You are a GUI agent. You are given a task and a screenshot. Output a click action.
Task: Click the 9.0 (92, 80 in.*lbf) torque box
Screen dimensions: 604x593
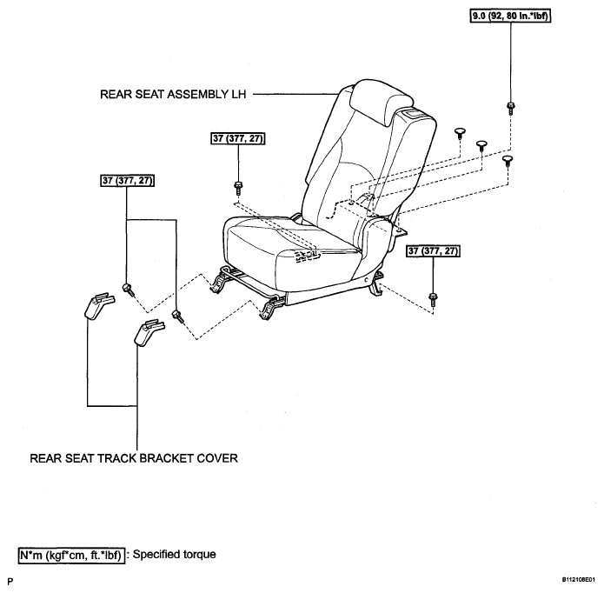pyautogui.click(x=510, y=17)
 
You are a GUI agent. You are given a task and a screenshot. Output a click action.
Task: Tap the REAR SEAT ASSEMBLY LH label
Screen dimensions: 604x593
pyautogui.click(x=173, y=95)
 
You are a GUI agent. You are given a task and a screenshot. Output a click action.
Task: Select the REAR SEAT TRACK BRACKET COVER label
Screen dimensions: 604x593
pyautogui.click(x=134, y=458)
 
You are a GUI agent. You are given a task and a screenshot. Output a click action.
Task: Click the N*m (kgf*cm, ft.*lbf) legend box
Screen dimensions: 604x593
pyautogui.click(x=71, y=556)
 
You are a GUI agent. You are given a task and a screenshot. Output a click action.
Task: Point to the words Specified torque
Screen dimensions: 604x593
pyautogui.click(x=174, y=555)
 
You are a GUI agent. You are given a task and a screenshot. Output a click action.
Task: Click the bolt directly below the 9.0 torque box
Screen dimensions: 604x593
pyautogui.click(x=511, y=108)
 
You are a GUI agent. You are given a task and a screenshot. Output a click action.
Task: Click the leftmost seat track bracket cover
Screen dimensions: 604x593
pyautogui.click(x=99, y=306)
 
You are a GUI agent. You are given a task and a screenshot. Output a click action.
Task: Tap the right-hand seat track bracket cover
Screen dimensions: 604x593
pyautogui.click(x=149, y=332)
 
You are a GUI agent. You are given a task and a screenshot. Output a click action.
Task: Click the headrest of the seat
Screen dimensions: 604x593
pyautogui.click(x=382, y=103)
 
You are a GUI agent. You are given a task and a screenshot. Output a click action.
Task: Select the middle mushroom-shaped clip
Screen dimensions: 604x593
pyautogui.click(x=481, y=146)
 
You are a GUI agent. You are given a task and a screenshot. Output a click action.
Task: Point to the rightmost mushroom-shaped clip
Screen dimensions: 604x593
pyautogui.click(x=508, y=160)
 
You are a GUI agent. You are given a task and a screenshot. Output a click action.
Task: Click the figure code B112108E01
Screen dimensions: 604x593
pyautogui.click(x=581, y=579)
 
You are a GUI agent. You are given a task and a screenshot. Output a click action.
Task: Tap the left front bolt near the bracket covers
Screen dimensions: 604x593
pyautogui.click(x=129, y=289)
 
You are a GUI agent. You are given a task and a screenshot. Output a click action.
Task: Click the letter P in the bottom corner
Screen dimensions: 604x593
pyautogui.click(x=10, y=581)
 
